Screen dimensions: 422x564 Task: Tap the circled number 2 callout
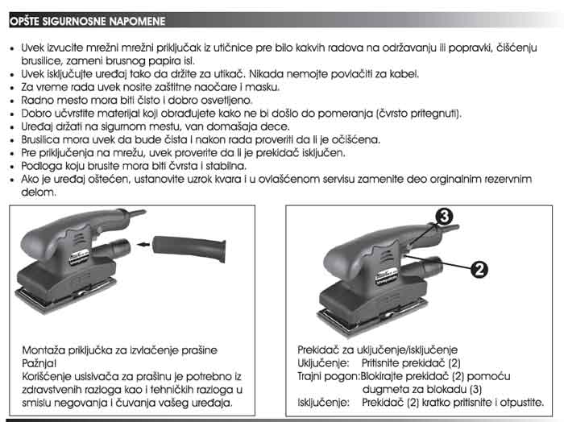pos(478,270)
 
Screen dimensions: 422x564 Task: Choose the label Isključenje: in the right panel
pos(322,401)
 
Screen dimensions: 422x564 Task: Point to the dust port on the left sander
pos(121,245)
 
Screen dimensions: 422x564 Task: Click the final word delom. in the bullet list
pos(39,192)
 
